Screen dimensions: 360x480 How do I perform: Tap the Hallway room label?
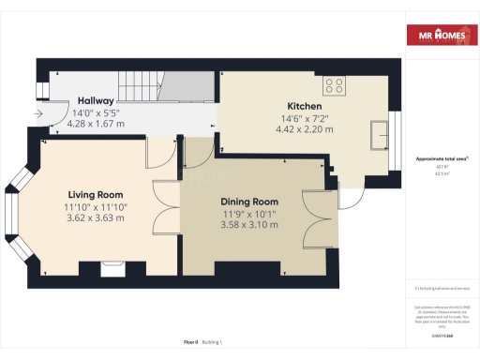click(96, 100)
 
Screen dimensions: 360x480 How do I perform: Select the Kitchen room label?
click(305, 107)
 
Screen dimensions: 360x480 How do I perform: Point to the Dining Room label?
click(249, 202)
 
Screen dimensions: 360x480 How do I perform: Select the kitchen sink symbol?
click(382, 134)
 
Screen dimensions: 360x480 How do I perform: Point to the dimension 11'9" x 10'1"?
click(249, 214)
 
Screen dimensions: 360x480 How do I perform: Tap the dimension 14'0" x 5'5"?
click(96, 112)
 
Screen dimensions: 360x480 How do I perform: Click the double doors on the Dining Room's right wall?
click(315, 218)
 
